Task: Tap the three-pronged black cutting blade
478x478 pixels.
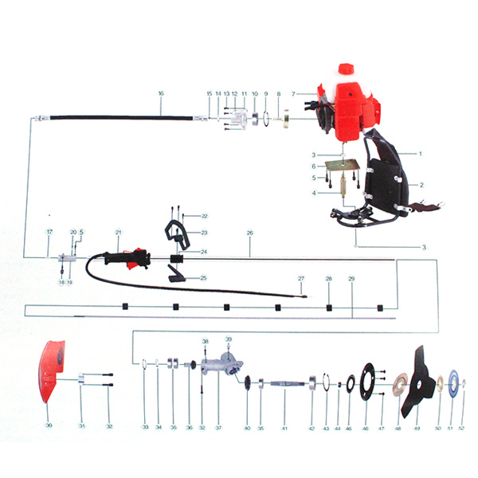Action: click(x=417, y=380)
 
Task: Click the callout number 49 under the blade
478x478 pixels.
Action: click(x=416, y=429)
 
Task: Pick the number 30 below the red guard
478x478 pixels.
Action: click(x=48, y=426)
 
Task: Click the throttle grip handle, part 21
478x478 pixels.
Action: click(x=127, y=259)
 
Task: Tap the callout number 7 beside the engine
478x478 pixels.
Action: click(x=294, y=94)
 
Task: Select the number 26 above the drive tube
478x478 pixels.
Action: click(x=250, y=233)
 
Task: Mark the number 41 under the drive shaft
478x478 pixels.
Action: click(x=283, y=429)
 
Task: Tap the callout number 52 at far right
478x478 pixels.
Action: click(x=462, y=429)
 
